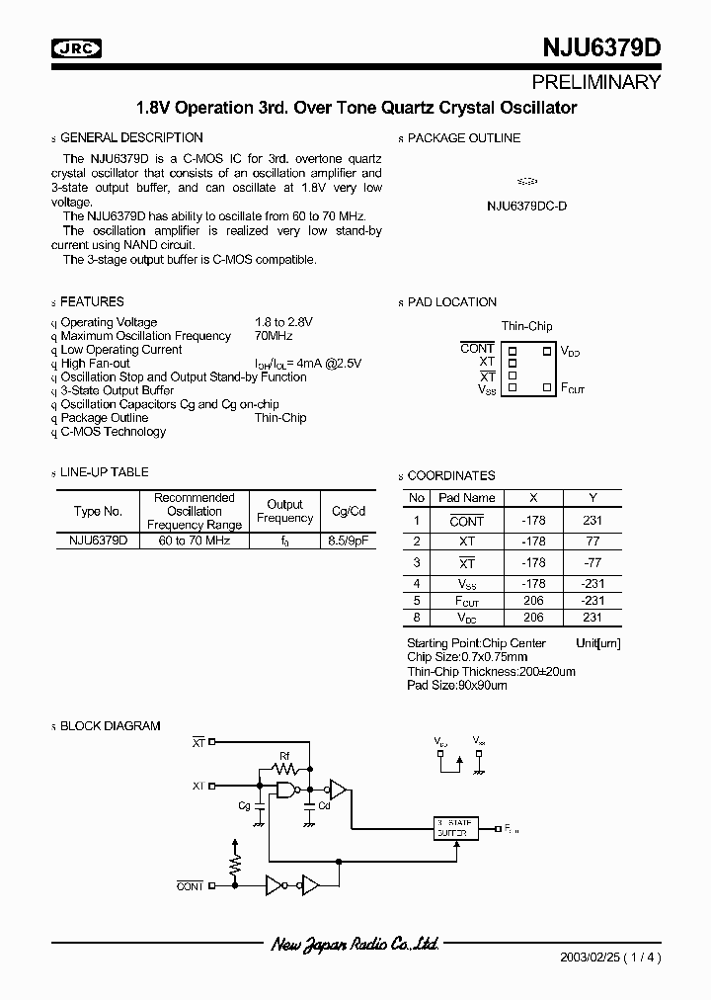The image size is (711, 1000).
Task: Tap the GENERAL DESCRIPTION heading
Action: coord(131,138)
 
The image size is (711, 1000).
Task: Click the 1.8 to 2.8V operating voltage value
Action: coord(283,322)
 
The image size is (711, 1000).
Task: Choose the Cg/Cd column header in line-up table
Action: coord(348,511)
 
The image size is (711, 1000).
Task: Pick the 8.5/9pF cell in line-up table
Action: coord(348,541)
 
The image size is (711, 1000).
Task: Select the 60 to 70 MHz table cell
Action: coord(195,541)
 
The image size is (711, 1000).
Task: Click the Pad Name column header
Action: coord(466,498)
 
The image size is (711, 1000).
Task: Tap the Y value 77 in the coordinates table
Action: coord(593,542)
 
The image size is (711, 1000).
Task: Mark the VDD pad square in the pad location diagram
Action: coord(546,350)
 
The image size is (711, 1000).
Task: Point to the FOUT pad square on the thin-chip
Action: coord(546,387)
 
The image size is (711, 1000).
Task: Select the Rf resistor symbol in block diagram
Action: coord(284,767)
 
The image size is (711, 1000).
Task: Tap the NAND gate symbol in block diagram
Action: coord(287,790)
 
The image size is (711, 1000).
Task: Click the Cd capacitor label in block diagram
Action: coord(323,805)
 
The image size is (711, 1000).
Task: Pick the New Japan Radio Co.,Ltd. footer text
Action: coord(355,946)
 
